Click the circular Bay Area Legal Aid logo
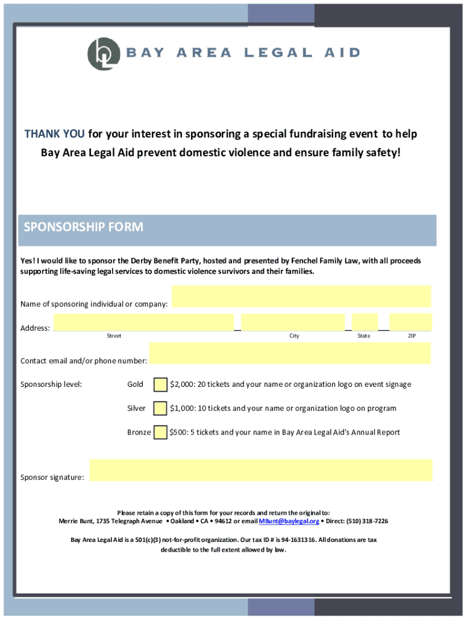coord(100,53)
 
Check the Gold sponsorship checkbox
coord(160,384)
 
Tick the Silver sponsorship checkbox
coord(160,409)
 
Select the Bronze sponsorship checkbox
coord(160,432)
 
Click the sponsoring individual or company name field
coord(301,297)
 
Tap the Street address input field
coord(143,322)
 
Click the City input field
coord(293,322)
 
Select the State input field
coord(365,322)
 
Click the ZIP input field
coord(410,322)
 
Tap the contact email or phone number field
coord(290,354)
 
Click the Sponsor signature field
coord(260,470)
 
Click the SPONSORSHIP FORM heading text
coord(83,228)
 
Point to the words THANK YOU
coord(55,134)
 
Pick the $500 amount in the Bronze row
coord(178,432)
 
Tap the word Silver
coord(136,409)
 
